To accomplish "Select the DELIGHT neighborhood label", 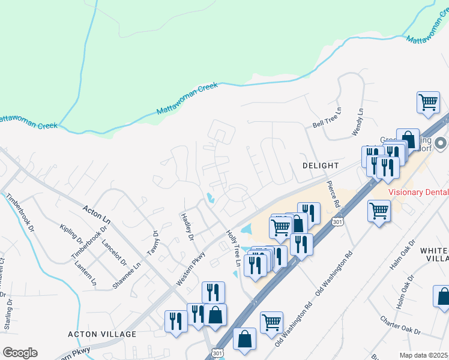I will [321, 165].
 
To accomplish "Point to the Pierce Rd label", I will [334, 193].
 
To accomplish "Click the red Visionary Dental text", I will [418, 193].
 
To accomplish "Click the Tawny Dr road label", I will [155, 242].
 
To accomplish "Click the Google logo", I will [20, 353].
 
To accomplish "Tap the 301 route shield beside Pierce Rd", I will [335, 222].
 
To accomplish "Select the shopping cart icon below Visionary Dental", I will [379, 211].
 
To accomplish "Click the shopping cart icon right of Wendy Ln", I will [428, 101].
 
